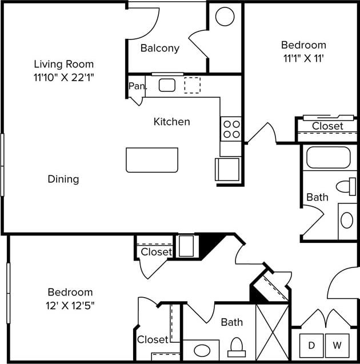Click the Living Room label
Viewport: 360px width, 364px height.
coord(63,64)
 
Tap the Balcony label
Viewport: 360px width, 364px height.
coord(160,48)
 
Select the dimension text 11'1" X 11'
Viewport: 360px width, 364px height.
coord(303,57)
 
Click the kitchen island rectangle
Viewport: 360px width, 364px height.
coord(152,159)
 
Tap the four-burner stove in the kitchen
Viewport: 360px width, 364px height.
coord(231,129)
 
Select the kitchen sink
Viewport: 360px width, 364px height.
coord(167,85)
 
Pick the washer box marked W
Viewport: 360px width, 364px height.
coord(337,345)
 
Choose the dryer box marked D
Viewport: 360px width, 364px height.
coord(311,345)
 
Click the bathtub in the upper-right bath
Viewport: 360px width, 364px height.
coord(328,157)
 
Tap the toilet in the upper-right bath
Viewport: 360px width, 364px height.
coord(346,186)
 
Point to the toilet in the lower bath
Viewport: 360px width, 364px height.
coord(237,346)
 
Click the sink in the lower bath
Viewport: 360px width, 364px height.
coord(201,350)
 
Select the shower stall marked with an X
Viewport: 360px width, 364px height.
coord(272,332)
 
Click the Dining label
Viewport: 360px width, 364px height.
coord(63,179)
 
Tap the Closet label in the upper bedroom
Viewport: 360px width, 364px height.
coord(327,126)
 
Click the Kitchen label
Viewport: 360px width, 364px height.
coord(171,122)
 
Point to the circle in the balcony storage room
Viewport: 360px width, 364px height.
coord(225,16)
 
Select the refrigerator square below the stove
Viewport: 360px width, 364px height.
coord(227,170)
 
